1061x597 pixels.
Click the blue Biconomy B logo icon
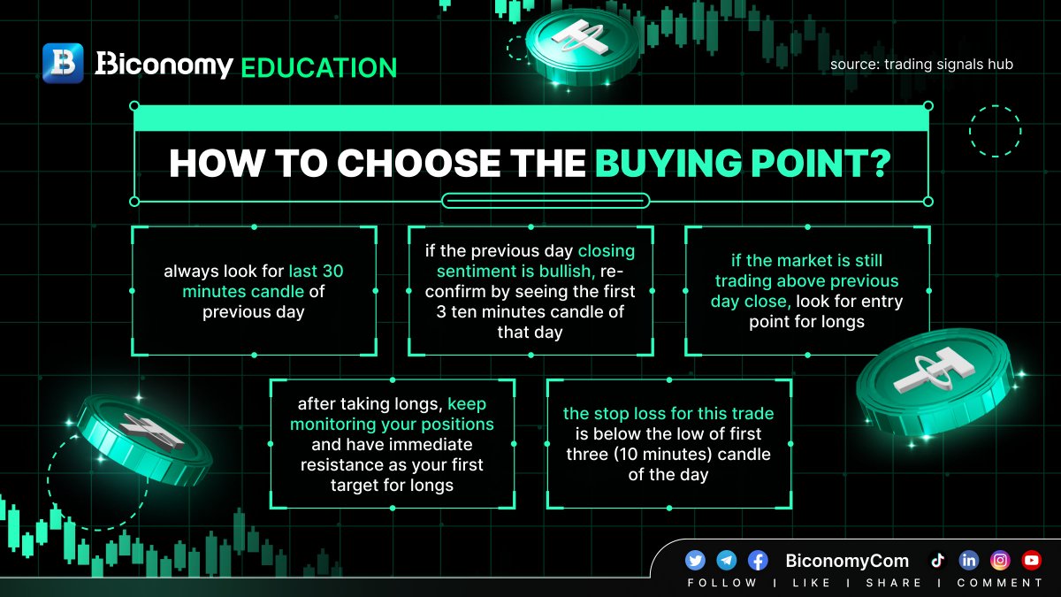[63, 63]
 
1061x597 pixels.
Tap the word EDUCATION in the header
[319, 68]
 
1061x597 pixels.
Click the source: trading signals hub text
[921, 64]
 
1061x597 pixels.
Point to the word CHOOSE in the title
[417, 163]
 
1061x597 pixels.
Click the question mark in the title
[881, 163]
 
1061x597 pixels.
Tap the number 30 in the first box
[332, 271]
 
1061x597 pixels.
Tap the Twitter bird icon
[695, 561]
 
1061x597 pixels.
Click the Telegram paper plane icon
[726, 561]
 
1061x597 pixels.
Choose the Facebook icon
[758, 561]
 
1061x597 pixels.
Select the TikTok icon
[937, 561]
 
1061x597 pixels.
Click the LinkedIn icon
[969, 561]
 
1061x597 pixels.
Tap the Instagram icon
[1000, 561]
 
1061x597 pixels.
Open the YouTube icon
[1032, 561]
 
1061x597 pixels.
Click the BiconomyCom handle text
[847, 561]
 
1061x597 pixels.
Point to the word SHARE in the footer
[894, 583]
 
